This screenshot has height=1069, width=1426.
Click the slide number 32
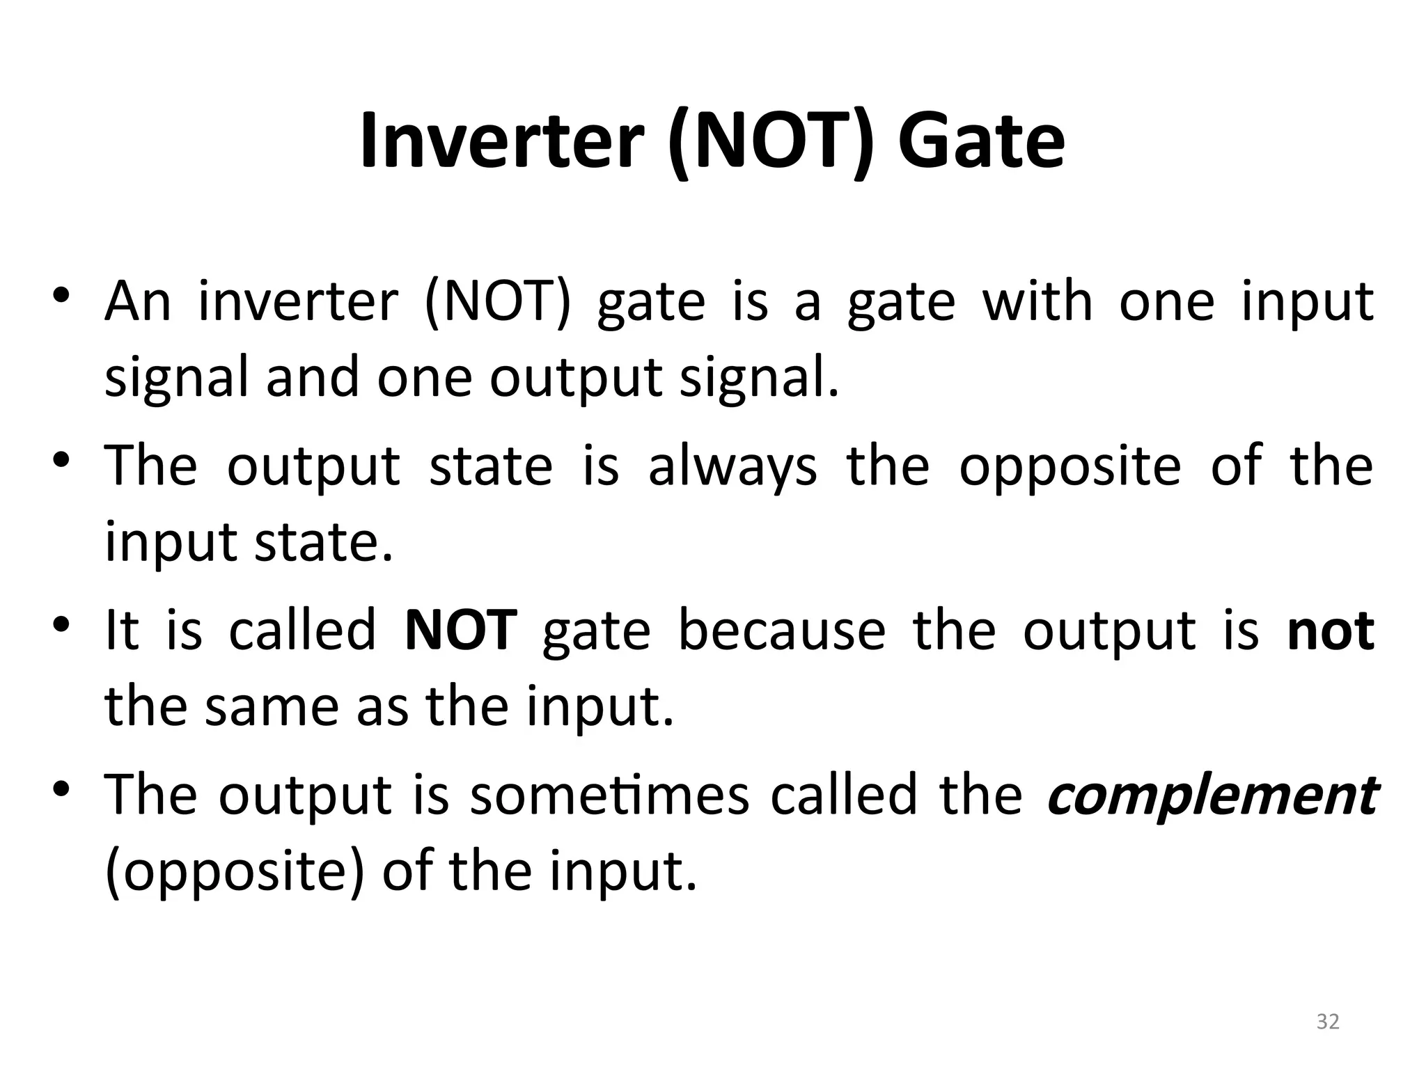[x=1328, y=1021]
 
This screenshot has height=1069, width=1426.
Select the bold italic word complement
[x=1212, y=795]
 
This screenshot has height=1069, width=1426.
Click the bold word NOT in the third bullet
[x=460, y=630]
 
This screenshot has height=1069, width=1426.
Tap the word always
[x=732, y=466]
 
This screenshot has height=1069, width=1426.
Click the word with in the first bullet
[x=1037, y=302]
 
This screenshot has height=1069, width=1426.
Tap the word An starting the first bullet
[x=137, y=302]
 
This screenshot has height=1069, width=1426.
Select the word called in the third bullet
[x=302, y=630]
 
